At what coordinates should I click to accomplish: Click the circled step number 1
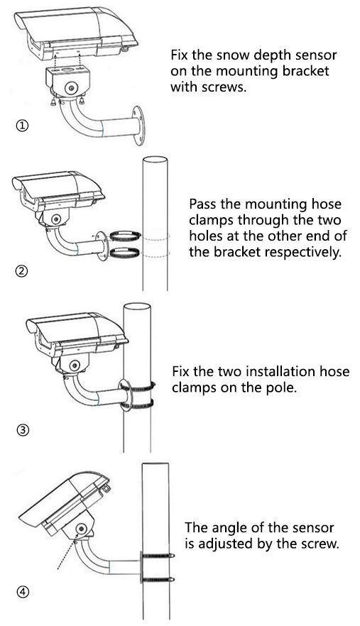(23, 126)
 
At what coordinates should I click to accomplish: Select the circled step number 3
(23, 430)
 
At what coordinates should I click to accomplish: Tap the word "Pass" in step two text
(203, 204)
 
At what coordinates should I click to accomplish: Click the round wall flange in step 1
(138, 126)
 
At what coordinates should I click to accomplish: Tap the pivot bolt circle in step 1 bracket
(72, 87)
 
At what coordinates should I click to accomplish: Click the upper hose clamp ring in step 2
(126, 236)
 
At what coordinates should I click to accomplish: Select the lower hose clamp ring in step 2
(124, 253)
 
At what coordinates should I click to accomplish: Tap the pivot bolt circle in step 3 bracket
(74, 366)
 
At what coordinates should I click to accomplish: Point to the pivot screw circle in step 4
(82, 529)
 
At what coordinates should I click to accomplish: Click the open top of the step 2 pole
(155, 159)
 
